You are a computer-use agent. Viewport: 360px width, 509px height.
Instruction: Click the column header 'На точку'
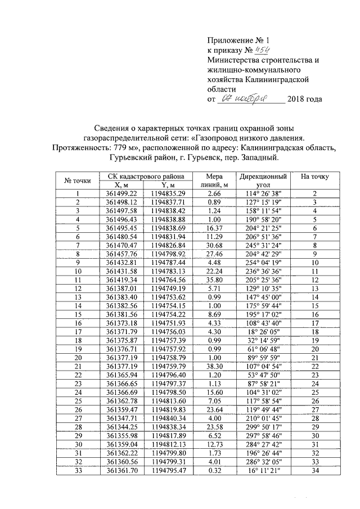(x=315, y=177)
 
